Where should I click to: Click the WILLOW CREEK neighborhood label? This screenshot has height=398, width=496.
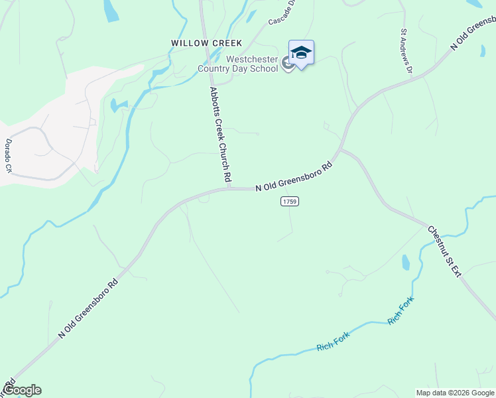[x=206, y=43]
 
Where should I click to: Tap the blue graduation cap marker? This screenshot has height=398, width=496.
[x=301, y=53]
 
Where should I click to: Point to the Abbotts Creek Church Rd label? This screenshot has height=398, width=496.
[x=220, y=135]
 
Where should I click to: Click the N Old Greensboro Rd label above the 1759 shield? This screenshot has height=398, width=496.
[x=292, y=177]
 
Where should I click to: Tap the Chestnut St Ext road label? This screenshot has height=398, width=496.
[x=444, y=252]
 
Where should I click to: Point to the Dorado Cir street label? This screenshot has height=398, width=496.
[x=9, y=156]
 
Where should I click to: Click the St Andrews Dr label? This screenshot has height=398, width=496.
[x=406, y=50]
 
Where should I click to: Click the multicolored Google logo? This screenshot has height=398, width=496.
[x=21, y=391]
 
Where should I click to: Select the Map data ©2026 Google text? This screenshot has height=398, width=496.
[x=455, y=393]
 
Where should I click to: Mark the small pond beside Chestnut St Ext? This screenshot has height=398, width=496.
[x=405, y=263]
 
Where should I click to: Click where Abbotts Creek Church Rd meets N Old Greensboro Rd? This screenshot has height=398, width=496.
[x=229, y=189]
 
